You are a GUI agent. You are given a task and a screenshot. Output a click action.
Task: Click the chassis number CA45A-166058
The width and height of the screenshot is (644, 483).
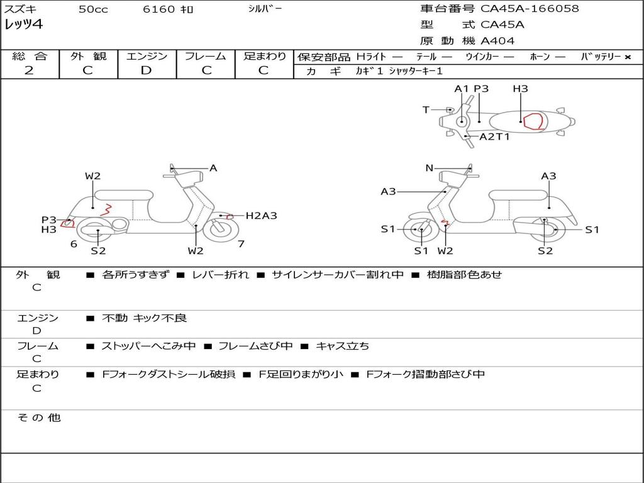coord(530,9)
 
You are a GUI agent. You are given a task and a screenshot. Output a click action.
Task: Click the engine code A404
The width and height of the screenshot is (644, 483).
coord(497,41)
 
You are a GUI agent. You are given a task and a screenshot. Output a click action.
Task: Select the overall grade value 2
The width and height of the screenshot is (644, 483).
coord(29,70)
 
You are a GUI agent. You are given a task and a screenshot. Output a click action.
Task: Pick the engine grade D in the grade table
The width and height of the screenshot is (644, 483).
coord(146,70)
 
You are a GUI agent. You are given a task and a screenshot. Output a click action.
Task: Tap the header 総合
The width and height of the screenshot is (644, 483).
coord(30,56)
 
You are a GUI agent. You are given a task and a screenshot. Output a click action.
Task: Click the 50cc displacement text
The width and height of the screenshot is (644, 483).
coord(92,9)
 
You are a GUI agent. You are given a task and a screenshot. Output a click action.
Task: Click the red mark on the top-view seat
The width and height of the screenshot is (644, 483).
coord(534,121)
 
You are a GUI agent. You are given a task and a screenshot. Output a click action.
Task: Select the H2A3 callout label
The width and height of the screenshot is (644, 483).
coord(261,216)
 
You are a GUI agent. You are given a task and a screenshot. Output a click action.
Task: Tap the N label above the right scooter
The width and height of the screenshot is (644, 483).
coord(430,168)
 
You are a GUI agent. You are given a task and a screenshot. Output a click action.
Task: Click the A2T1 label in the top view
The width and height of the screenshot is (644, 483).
coord(494,136)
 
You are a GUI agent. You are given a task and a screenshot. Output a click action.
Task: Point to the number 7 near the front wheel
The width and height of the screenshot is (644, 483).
coord(241,244)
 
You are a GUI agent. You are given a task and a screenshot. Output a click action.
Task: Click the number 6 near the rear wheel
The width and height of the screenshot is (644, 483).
coord(74,244)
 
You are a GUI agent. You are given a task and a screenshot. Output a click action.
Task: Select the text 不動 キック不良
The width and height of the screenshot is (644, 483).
coord(144,318)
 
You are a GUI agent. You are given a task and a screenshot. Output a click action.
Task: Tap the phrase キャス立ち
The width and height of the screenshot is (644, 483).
coord(342,346)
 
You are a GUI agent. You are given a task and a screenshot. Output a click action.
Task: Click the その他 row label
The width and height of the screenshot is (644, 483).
coord(38,418)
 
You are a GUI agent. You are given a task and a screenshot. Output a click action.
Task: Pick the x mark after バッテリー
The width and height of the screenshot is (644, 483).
coord(627,57)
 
